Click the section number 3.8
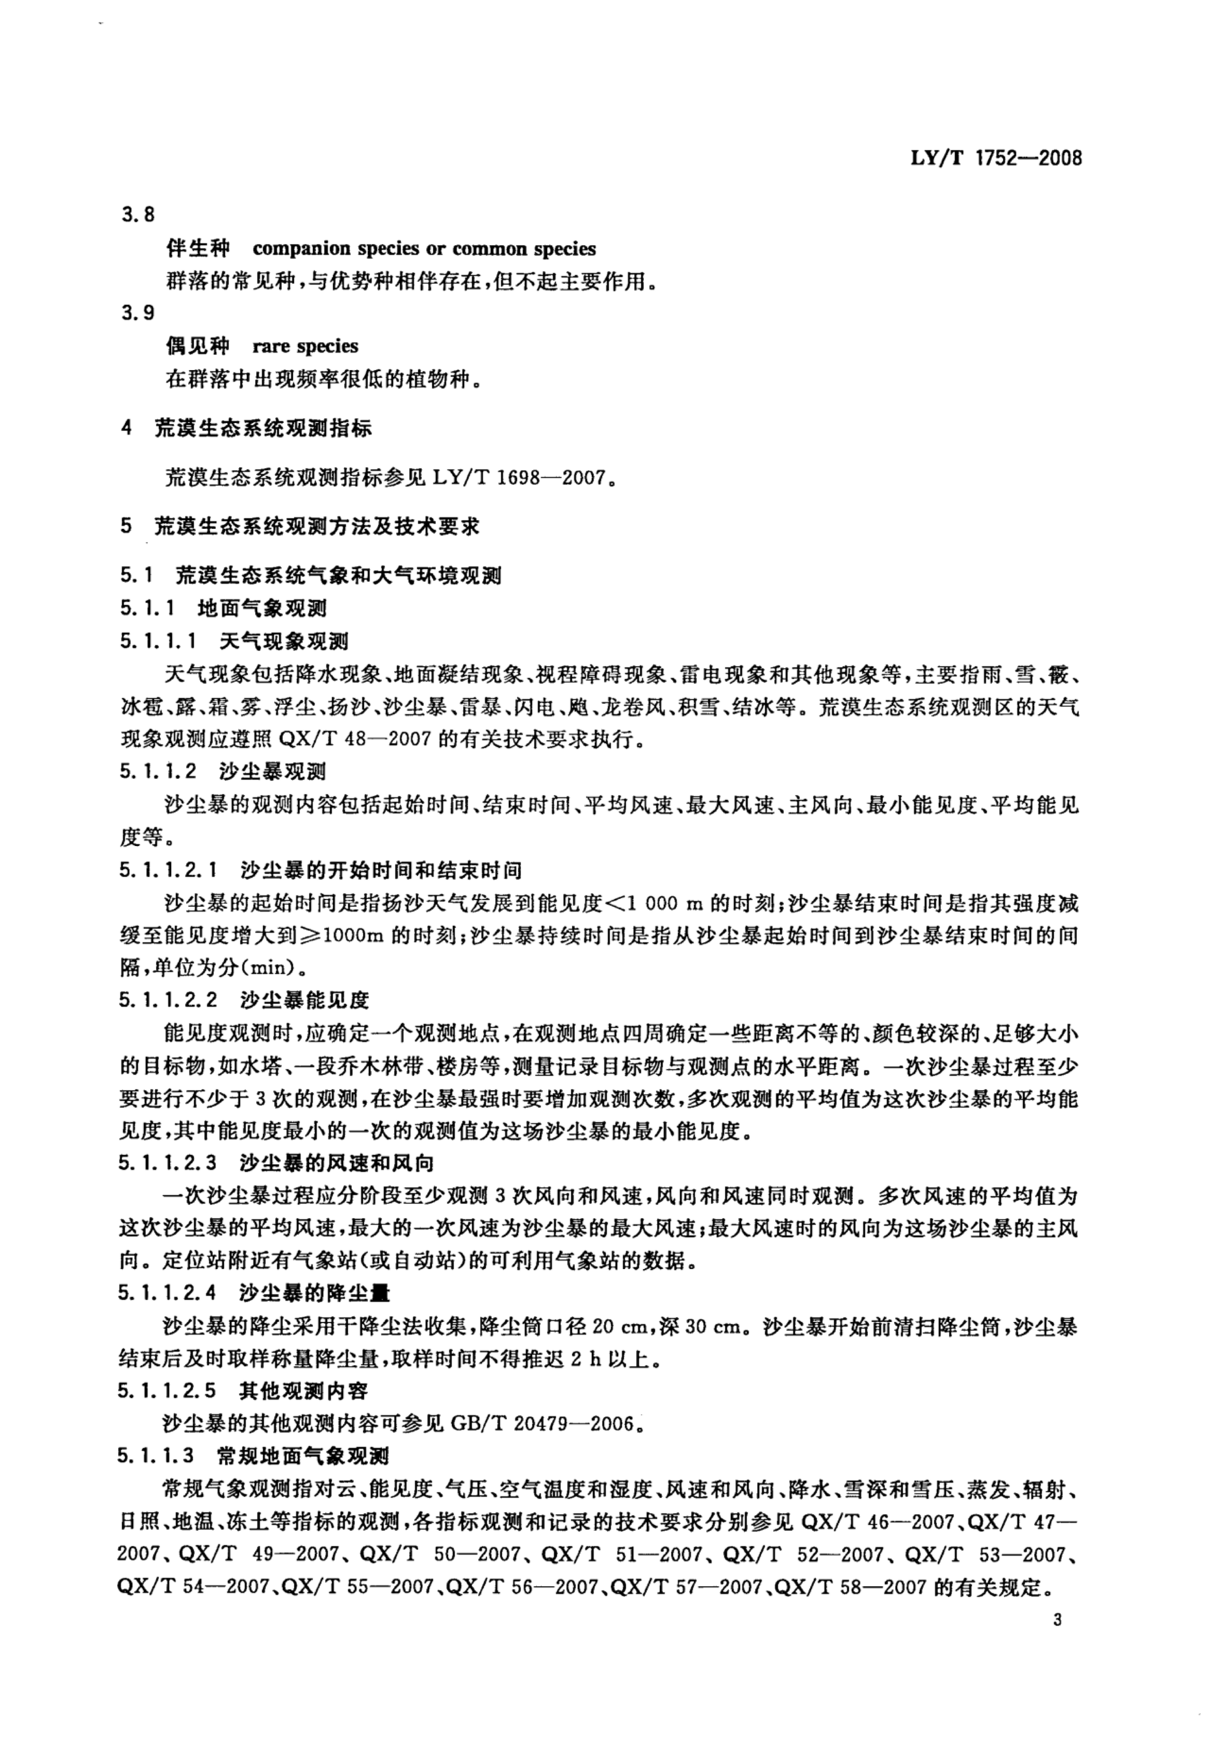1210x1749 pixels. pyautogui.click(x=138, y=215)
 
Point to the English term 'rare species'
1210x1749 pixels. pyautogui.click(x=305, y=347)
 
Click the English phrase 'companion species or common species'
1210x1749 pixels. pyautogui.click(x=424, y=249)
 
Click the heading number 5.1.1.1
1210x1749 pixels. pyautogui.click(x=158, y=642)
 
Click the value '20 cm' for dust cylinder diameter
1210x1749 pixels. pyautogui.click(x=616, y=1327)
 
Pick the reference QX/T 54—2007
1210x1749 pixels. pyautogui.click(x=195, y=1587)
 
